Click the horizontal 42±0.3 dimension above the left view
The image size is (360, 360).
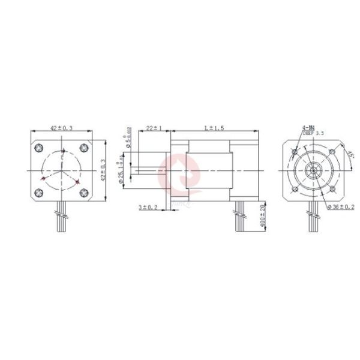[61, 128]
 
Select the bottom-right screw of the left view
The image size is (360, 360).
[83, 192]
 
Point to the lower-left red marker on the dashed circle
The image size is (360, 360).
[42, 179]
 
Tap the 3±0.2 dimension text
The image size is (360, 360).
[148, 207]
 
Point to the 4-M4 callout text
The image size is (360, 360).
[308, 128]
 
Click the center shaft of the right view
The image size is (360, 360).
[312, 170]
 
